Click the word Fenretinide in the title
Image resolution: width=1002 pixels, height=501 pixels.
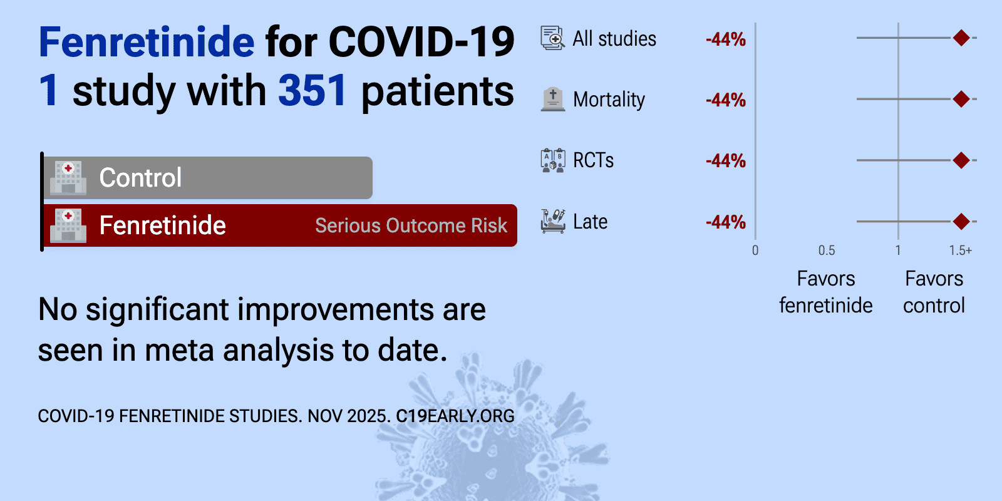[147, 42]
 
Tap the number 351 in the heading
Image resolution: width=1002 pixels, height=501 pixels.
[312, 91]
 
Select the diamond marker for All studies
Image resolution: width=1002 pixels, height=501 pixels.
[961, 38]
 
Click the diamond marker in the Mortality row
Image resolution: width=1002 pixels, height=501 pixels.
[961, 99]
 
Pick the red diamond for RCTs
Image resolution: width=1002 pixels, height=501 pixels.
[961, 160]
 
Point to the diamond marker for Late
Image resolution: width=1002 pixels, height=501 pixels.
[961, 222]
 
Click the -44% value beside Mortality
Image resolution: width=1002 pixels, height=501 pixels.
[726, 100]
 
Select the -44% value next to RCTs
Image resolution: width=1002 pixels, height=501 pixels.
[726, 161]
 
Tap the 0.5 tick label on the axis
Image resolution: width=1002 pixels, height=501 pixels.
[827, 250]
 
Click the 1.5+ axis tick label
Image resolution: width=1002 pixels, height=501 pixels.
[961, 250]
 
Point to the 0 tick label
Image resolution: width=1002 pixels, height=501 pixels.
[755, 250]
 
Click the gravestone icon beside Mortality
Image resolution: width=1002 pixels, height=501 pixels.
[553, 100]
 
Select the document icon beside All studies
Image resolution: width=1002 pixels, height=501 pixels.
[553, 38]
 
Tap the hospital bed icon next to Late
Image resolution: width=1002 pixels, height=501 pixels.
[553, 222]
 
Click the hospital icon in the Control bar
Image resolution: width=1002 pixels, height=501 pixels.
[68, 178]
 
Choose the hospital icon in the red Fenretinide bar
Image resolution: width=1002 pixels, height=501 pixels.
[68, 226]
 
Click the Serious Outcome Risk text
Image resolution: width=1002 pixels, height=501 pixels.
[411, 226]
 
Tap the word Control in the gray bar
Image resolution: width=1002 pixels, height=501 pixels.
[140, 178]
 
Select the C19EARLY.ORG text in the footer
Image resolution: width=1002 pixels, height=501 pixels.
[455, 416]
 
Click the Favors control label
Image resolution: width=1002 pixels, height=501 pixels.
[934, 292]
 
